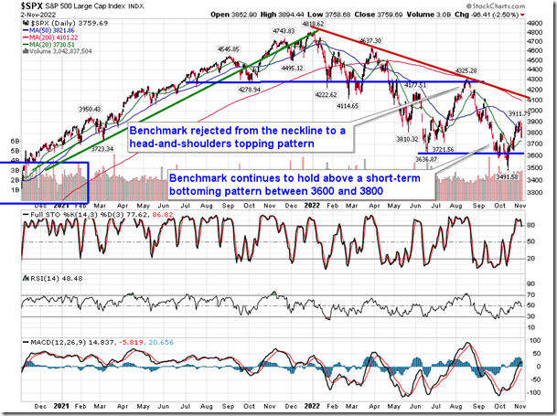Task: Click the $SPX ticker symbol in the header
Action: pos(17,6)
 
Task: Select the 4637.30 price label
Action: pos(370,40)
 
